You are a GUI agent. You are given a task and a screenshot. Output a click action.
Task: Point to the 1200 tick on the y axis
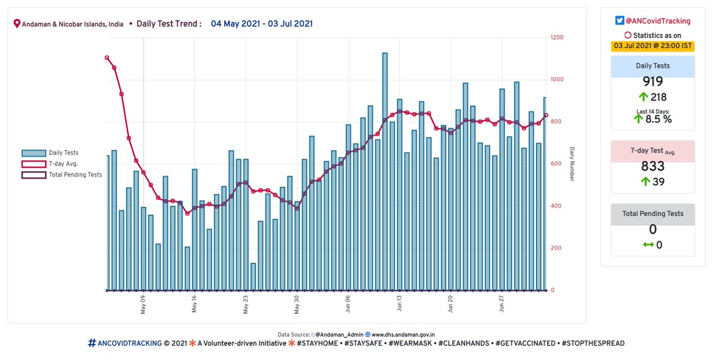click(x=557, y=38)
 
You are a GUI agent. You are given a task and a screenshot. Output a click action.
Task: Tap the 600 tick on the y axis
click(x=555, y=164)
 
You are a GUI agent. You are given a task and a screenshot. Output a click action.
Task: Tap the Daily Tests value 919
click(x=652, y=82)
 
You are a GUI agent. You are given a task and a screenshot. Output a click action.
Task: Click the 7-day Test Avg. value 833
click(x=652, y=167)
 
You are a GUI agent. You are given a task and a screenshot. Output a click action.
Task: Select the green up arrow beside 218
click(x=642, y=97)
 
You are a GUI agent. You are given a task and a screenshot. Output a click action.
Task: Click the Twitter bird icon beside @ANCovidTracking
click(x=620, y=21)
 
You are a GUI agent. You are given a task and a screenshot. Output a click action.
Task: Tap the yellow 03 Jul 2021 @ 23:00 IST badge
click(x=652, y=46)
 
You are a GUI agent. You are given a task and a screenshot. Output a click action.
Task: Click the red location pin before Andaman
click(x=17, y=25)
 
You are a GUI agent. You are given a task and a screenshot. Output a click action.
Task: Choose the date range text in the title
click(x=261, y=24)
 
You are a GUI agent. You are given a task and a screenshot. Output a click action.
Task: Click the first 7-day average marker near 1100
click(x=107, y=58)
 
